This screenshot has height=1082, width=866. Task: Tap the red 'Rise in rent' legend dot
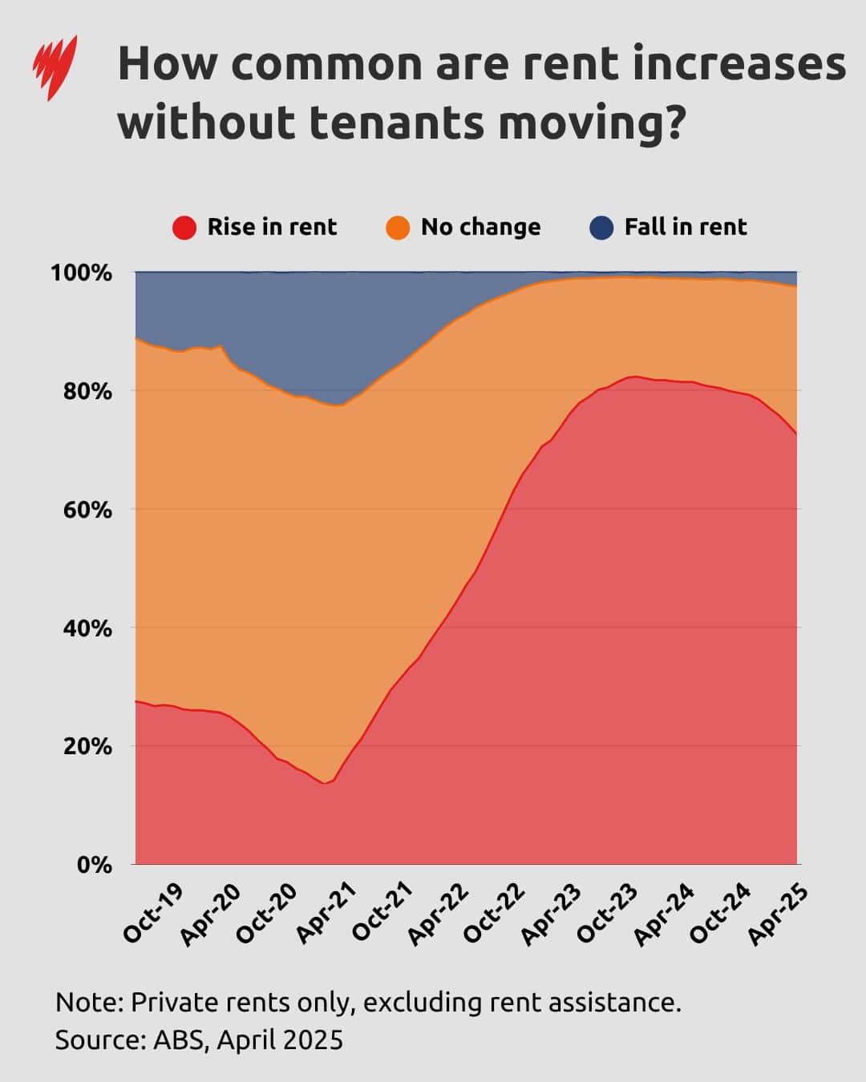(x=184, y=228)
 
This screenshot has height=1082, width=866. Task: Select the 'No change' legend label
(x=480, y=227)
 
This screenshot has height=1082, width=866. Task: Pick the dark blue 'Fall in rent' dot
(x=601, y=228)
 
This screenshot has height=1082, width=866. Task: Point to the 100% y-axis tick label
(x=81, y=273)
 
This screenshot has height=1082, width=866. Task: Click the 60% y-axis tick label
(x=87, y=510)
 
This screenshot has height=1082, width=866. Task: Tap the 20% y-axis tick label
(x=87, y=746)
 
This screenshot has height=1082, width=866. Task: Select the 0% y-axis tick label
(x=94, y=865)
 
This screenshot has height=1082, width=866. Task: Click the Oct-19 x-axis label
(x=152, y=913)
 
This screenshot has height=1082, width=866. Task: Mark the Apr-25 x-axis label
(x=776, y=913)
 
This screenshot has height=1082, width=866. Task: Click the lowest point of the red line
(x=324, y=783)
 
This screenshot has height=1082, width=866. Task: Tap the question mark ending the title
(x=674, y=123)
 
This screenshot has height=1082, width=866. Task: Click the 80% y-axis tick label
(x=87, y=391)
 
